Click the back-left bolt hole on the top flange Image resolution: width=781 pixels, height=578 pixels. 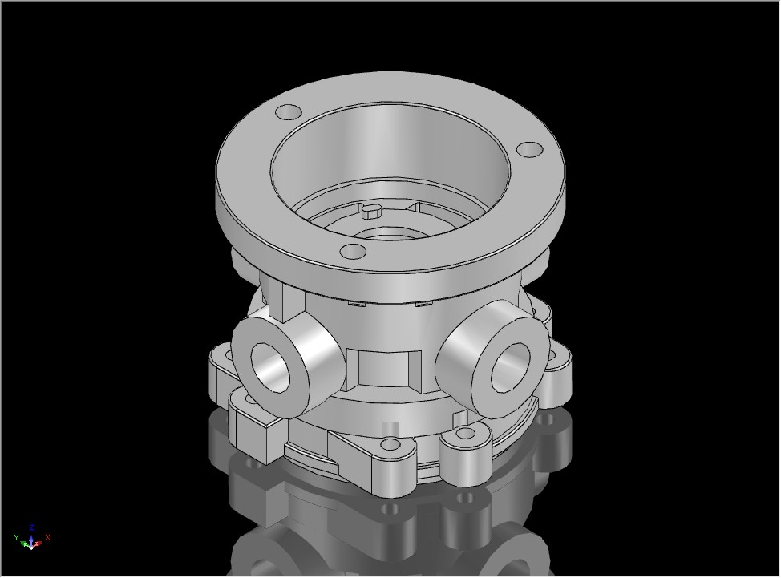point(289,112)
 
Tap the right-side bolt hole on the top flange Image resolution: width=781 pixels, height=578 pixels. point(529,149)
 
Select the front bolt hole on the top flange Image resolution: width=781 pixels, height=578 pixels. point(353,252)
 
